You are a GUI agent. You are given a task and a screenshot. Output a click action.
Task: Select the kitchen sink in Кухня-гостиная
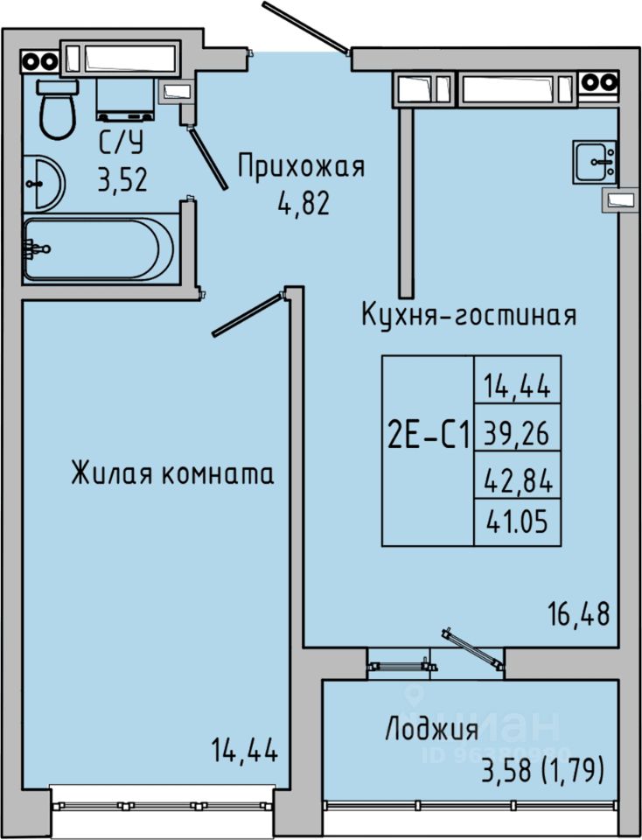click(x=597, y=161)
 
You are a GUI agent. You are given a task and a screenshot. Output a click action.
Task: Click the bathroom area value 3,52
click(x=122, y=180)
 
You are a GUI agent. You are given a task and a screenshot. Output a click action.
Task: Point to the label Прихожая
click(x=301, y=164)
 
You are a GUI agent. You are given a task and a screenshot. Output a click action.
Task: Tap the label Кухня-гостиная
click(x=470, y=315)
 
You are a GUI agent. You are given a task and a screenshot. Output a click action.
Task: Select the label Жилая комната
click(x=172, y=473)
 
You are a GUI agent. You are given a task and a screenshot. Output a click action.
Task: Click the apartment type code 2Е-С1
click(x=429, y=434)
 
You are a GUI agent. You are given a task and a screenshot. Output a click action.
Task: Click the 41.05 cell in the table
click(x=517, y=522)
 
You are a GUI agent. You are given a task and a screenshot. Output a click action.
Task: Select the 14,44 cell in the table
click(x=517, y=383)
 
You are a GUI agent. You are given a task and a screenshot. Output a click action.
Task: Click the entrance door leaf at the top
click(x=307, y=26)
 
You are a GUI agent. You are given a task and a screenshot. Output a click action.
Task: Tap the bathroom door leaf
click(x=210, y=157)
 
